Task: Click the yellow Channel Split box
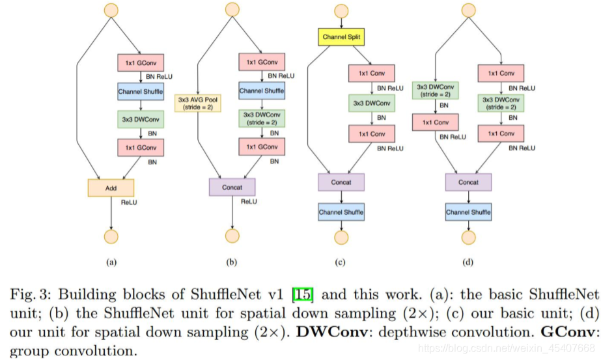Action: [341, 37]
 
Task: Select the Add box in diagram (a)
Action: [111, 188]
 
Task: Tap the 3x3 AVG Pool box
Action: [198, 103]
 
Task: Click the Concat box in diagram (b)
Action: [232, 187]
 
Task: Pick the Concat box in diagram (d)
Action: [468, 182]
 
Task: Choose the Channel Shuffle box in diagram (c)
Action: [341, 212]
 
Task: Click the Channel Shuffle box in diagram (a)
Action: [141, 92]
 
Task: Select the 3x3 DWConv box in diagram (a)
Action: [141, 119]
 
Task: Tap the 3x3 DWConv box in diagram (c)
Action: [372, 103]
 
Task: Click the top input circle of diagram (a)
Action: [111, 10]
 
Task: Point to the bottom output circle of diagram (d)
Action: [468, 238]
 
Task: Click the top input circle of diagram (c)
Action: [341, 11]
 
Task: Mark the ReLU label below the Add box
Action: [129, 202]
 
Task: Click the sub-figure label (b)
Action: [232, 262]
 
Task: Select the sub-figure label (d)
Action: [468, 262]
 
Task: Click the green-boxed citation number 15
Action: [303, 294]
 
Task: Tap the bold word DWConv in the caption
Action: [332, 331]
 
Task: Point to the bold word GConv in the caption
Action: [567, 331]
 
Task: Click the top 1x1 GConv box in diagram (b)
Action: [262, 62]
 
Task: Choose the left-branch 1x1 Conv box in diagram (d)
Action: [436, 122]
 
